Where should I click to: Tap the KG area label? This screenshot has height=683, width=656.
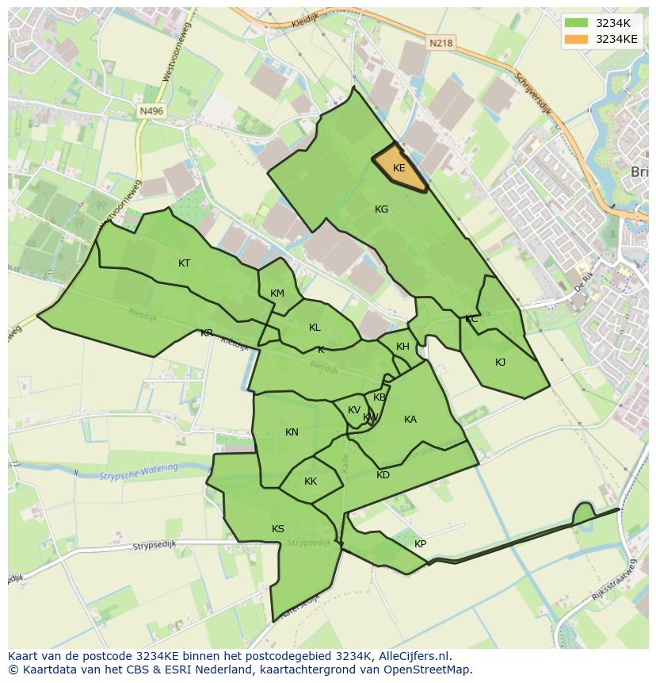click(381, 209)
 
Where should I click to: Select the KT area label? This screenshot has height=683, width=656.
click(184, 263)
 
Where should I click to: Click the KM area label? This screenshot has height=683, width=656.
click(277, 294)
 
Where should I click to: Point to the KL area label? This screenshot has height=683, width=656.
click(315, 328)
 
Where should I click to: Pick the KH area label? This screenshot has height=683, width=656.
click(402, 347)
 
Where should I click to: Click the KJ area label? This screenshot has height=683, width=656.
click(500, 363)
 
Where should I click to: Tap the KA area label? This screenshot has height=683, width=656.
click(410, 420)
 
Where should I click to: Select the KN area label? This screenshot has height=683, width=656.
click(292, 432)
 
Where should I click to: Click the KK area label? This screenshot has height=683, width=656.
click(311, 482)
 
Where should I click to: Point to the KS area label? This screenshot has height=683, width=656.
click(278, 529)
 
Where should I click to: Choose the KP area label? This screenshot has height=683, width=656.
click(420, 544)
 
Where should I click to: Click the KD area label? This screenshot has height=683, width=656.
click(383, 475)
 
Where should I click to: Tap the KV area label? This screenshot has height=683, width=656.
click(353, 410)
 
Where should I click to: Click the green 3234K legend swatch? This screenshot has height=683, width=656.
click(577, 23)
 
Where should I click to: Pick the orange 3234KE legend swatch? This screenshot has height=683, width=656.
click(577, 39)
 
